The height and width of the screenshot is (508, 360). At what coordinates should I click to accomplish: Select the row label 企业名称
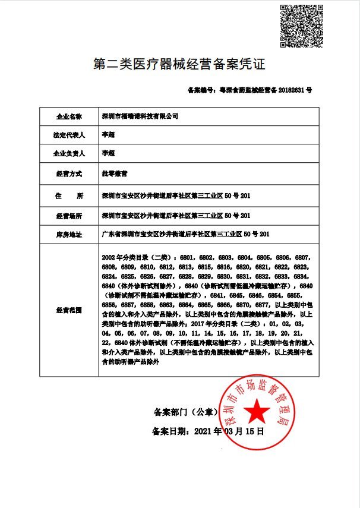click(x=69, y=115)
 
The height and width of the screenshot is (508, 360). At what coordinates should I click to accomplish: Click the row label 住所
click(x=69, y=195)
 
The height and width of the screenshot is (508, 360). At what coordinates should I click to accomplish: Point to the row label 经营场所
click(x=69, y=214)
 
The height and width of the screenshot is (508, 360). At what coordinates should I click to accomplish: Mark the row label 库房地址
click(x=69, y=234)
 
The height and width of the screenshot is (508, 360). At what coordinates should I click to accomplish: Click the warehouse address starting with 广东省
click(x=186, y=234)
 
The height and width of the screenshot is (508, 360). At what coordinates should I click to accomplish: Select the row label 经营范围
click(x=69, y=310)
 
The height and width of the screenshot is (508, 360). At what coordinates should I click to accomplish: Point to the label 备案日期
click(x=170, y=431)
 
